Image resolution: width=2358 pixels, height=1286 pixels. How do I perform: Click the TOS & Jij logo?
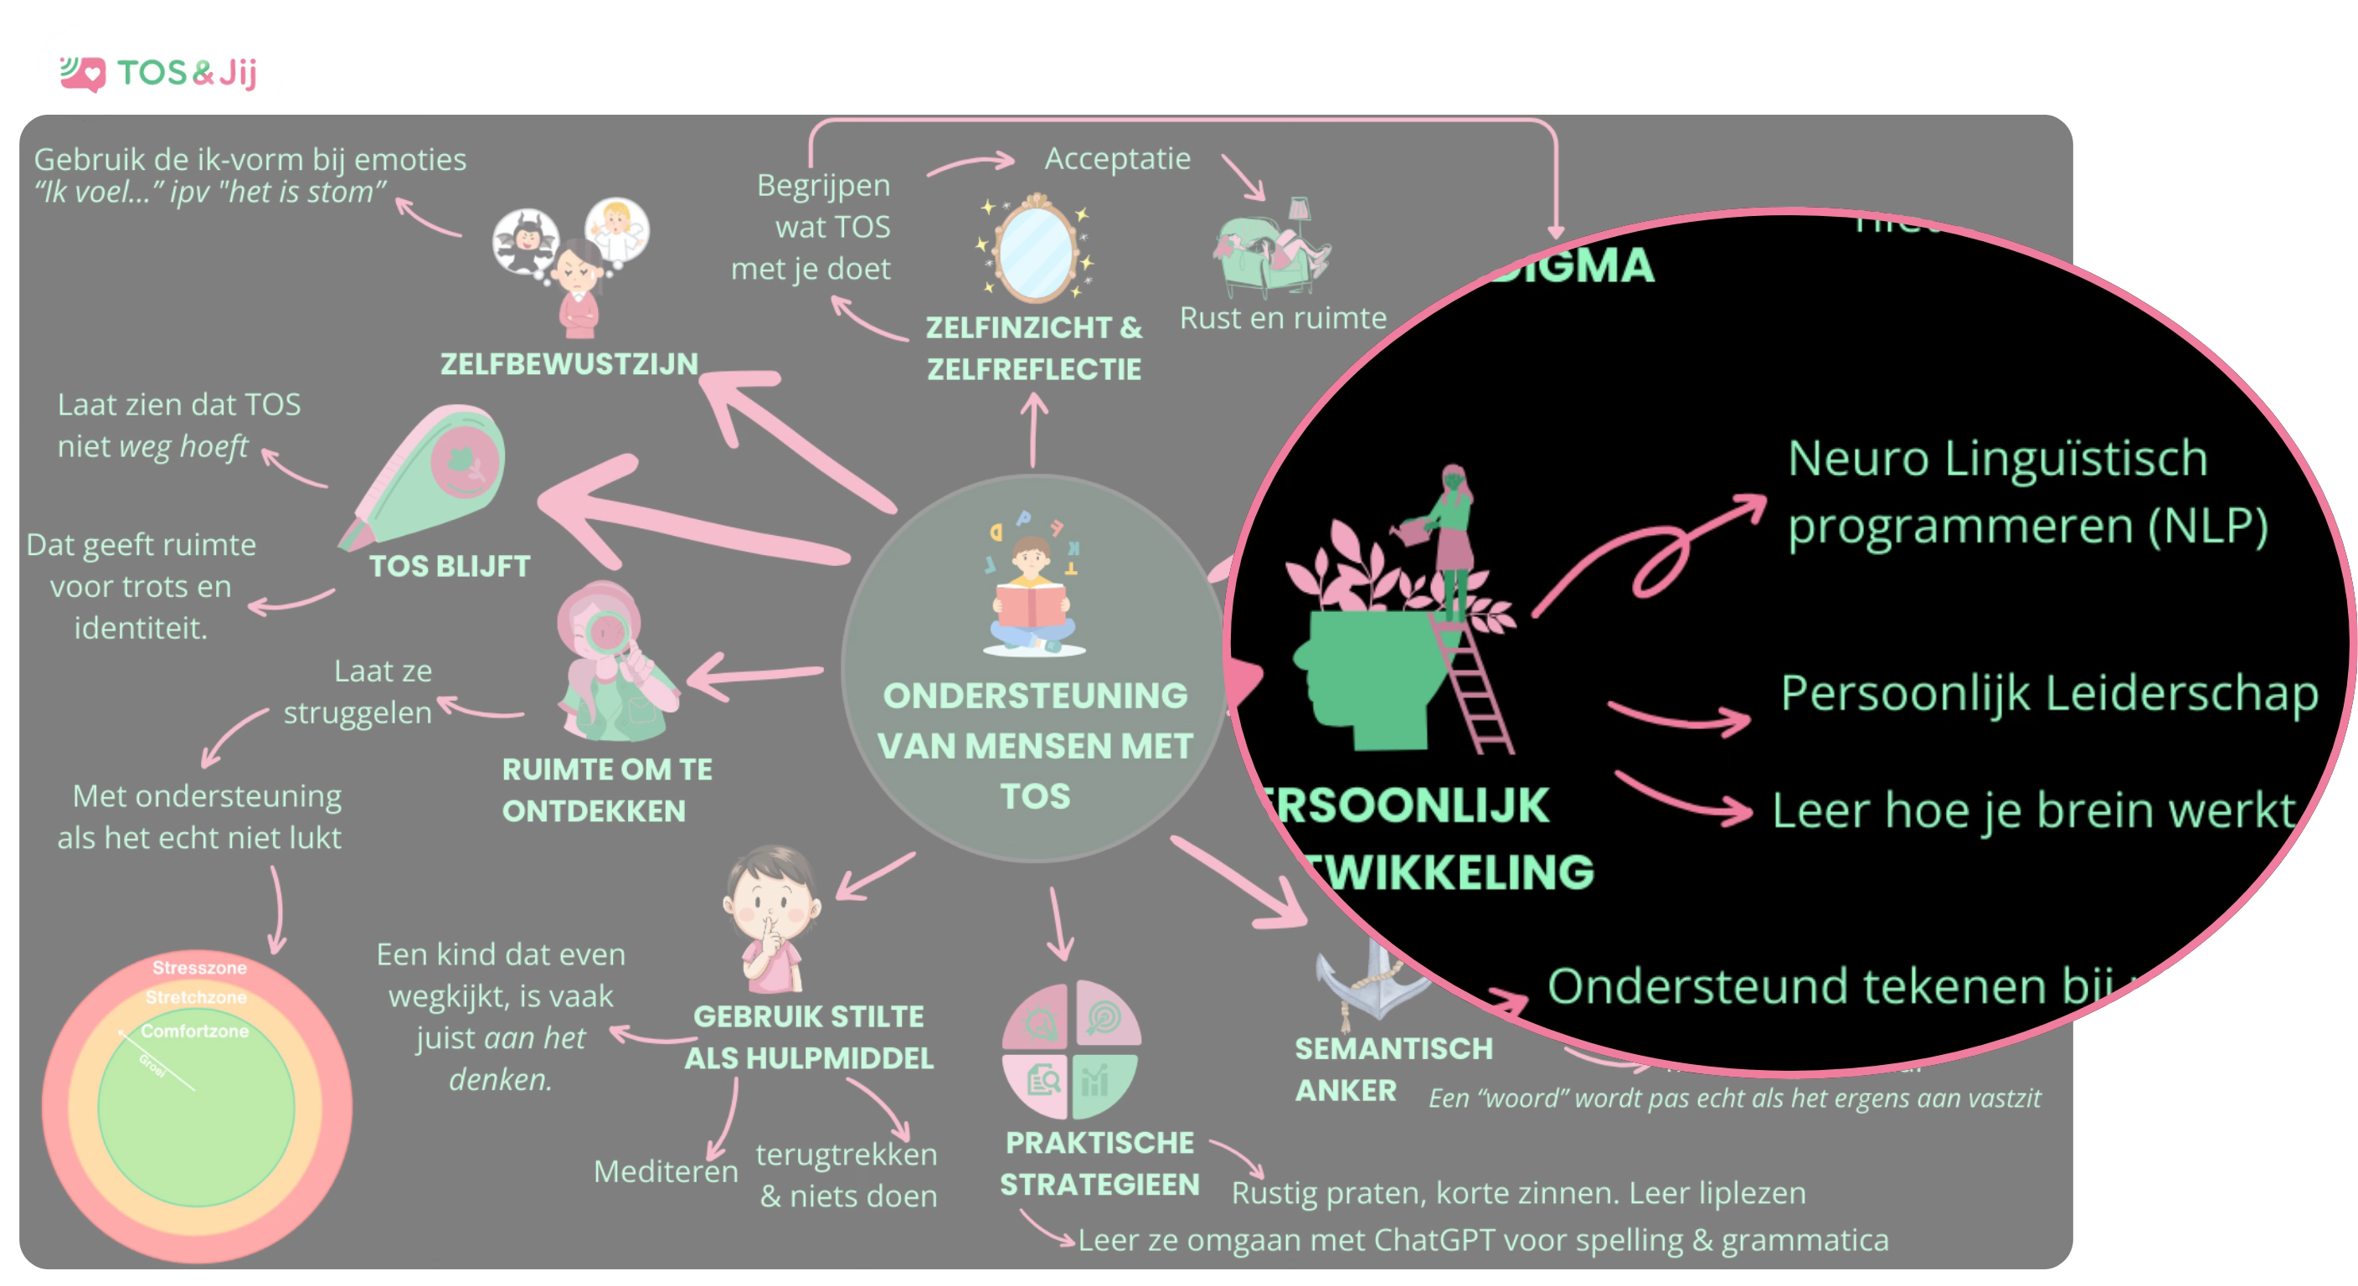pyautogui.click(x=160, y=72)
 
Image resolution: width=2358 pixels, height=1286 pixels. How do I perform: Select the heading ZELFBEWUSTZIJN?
pyautogui.click(x=569, y=364)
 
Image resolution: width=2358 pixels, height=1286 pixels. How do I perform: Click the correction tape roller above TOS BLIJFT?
pyautogui.click(x=430, y=476)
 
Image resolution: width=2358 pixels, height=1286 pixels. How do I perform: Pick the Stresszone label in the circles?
pyautogui.click(x=198, y=968)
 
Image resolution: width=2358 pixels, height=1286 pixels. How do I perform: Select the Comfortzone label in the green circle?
pyautogui.click(x=194, y=1031)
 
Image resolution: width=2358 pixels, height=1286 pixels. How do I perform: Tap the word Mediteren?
pyautogui.click(x=666, y=1171)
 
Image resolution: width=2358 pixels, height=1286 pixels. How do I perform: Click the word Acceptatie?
pyautogui.click(x=1118, y=159)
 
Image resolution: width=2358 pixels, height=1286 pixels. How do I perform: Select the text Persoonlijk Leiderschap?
pyautogui.click(x=2049, y=694)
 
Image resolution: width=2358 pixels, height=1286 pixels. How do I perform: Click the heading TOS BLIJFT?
pyautogui.click(x=450, y=567)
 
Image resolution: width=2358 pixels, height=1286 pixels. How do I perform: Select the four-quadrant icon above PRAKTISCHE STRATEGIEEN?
pyautogui.click(x=1071, y=1050)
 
